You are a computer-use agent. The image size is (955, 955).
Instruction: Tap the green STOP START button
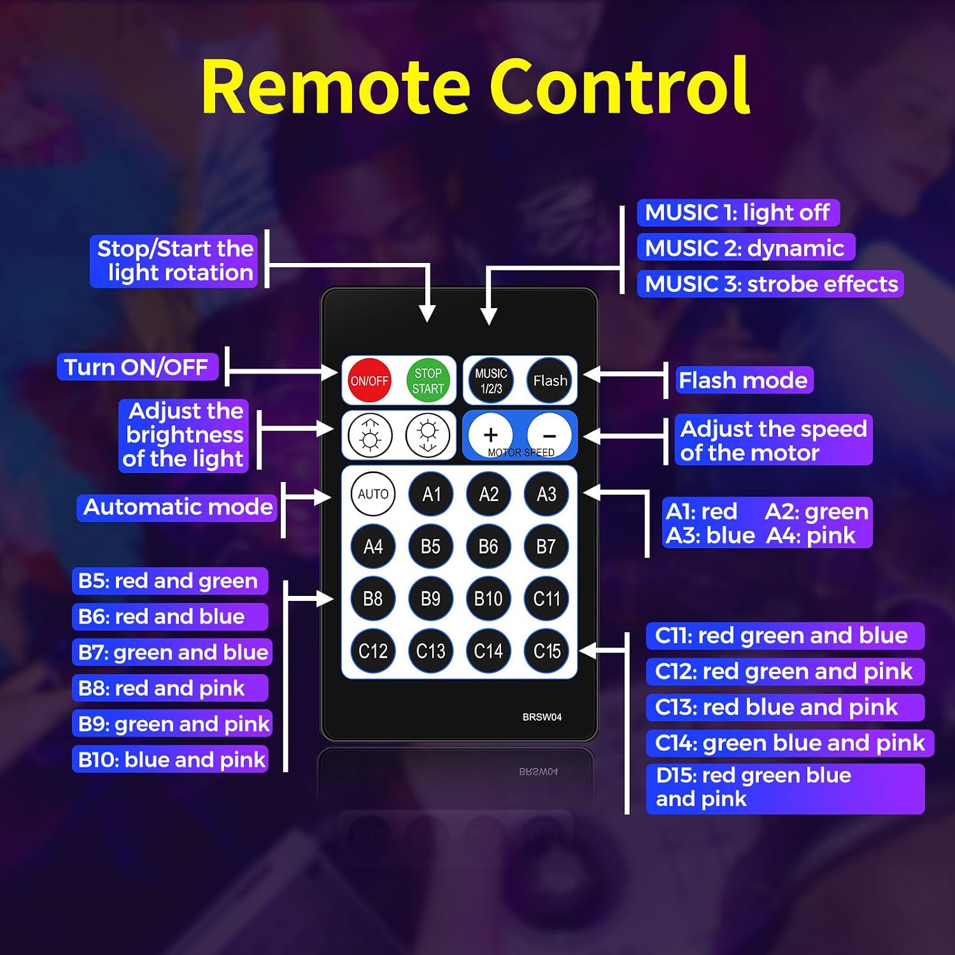click(x=428, y=381)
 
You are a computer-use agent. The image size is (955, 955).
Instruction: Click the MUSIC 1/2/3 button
click(x=491, y=381)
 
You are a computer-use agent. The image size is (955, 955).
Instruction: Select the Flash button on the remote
click(x=549, y=381)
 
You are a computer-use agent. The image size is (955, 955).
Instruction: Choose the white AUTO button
click(x=373, y=493)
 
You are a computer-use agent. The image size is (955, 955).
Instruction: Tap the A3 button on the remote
click(x=546, y=493)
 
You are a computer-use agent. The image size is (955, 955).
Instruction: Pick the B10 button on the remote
click(x=488, y=598)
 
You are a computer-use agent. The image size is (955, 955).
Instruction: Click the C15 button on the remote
click(x=547, y=651)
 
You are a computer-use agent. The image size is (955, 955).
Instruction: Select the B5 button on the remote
click(x=430, y=546)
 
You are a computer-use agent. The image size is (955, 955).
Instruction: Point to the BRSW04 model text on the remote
click(x=542, y=717)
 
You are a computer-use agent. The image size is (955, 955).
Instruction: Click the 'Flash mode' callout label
click(x=744, y=380)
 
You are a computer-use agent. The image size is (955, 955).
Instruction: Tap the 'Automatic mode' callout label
click(x=178, y=507)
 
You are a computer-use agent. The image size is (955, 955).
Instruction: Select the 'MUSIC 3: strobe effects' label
click(x=770, y=284)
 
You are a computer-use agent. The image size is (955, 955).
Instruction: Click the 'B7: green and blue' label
click(x=172, y=652)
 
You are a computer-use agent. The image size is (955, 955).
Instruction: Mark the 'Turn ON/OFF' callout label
click(x=138, y=367)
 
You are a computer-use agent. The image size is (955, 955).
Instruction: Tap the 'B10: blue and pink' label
click(x=171, y=759)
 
